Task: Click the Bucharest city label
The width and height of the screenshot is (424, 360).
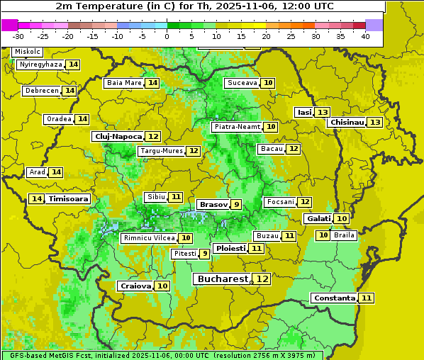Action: (223, 279)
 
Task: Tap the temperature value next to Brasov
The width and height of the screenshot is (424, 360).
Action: (236, 204)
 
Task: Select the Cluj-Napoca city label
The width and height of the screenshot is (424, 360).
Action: (118, 136)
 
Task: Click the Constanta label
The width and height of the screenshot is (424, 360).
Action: (334, 298)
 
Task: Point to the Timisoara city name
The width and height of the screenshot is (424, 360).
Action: (68, 199)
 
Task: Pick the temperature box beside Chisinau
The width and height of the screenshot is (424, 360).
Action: (375, 122)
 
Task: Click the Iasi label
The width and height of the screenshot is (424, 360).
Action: (304, 112)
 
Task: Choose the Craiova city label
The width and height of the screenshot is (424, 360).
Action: (135, 286)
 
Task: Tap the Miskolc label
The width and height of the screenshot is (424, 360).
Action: (28, 52)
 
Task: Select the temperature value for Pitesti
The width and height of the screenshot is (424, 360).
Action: (204, 253)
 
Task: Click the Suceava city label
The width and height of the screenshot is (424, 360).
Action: (242, 83)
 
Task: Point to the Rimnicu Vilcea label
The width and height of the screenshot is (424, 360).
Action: (148, 238)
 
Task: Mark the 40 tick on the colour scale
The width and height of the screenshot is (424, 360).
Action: (365, 36)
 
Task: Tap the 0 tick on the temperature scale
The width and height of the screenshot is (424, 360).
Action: (167, 36)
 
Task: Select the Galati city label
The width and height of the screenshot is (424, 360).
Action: (318, 219)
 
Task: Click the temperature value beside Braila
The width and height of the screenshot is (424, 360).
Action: (323, 235)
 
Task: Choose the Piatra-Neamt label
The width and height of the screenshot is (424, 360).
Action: (237, 127)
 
